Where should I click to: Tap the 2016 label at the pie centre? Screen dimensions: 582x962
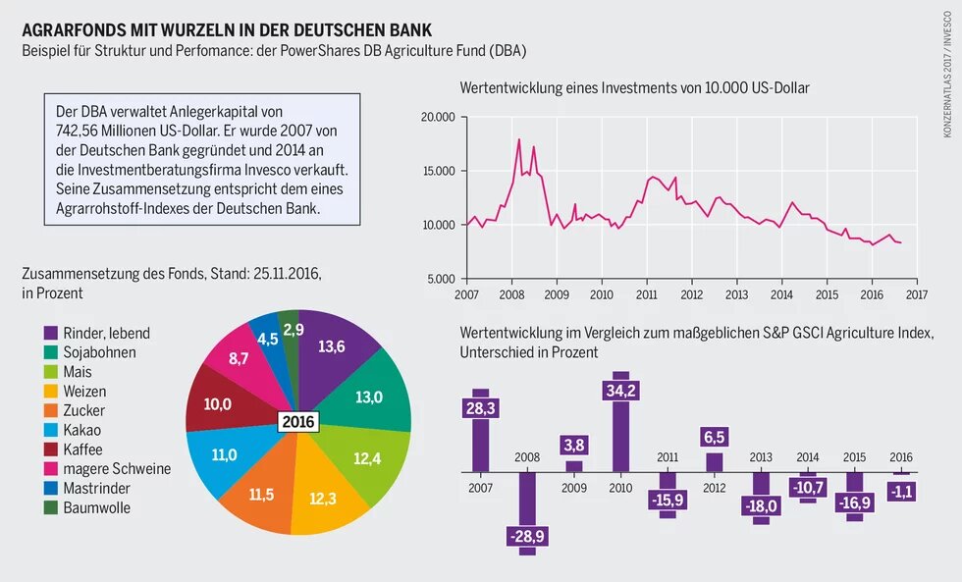(x=297, y=422)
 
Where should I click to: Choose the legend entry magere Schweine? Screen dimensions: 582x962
(x=115, y=469)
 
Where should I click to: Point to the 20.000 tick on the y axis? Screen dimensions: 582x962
(x=437, y=118)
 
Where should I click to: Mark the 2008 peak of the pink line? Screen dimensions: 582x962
(x=518, y=139)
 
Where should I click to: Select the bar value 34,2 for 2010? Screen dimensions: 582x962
(x=620, y=391)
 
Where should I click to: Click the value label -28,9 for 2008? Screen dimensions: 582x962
(x=527, y=536)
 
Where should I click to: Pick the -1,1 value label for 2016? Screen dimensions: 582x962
(x=901, y=491)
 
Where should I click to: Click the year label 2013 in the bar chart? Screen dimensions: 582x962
(x=761, y=457)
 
